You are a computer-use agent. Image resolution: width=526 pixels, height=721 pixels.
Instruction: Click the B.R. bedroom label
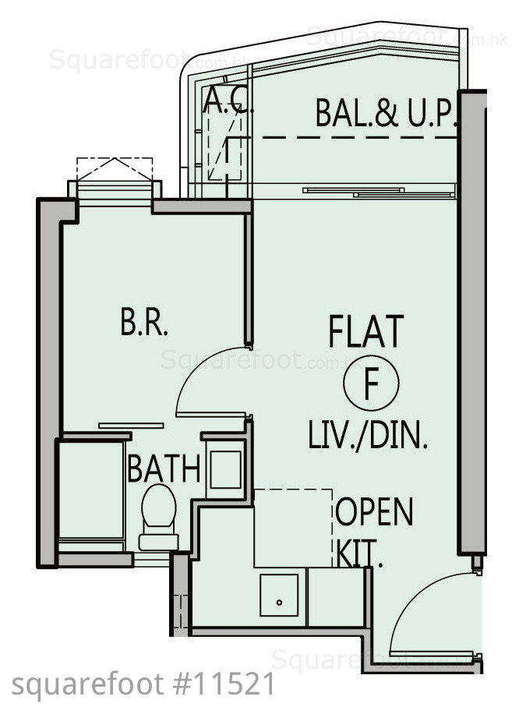click(x=144, y=322)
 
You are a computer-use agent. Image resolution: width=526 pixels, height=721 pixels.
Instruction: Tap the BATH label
click(x=164, y=468)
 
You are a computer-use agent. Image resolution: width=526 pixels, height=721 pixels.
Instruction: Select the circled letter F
click(x=371, y=383)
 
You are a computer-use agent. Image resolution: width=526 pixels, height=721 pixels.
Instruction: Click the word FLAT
click(x=366, y=330)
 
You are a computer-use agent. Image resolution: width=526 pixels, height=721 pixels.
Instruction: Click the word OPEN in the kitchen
click(x=374, y=512)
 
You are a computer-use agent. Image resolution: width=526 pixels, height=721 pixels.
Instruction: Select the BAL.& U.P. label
click(x=385, y=113)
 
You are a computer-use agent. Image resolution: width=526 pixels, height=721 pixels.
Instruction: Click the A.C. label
click(x=228, y=100)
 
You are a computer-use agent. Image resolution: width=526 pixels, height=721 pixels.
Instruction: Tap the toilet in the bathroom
click(x=159, y=518)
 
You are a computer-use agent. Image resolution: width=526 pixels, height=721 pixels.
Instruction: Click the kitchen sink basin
click(x=279, y=595)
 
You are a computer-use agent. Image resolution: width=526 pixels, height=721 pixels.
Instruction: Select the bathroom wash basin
click(x=226, y=469)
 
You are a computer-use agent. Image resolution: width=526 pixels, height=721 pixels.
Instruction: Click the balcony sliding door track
click(x=379, y=193)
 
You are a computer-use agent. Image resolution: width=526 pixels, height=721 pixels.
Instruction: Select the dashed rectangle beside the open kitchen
click(x=293, y=528)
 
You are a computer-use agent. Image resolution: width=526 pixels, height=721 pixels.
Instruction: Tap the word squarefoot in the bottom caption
click(x=87, y=685)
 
